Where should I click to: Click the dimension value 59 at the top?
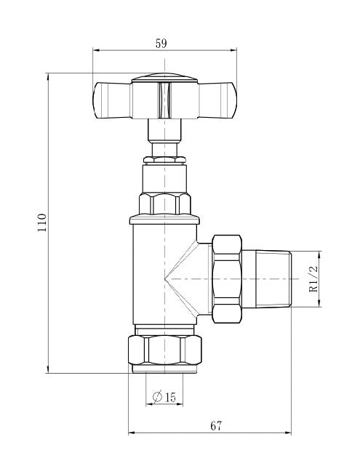[161, 43]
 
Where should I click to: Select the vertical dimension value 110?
[42, 222]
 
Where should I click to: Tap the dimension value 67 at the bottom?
[216, 425]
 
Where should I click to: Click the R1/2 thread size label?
[313, 278]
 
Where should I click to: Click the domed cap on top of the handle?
[164, 76]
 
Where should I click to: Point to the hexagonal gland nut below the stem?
[164, 204]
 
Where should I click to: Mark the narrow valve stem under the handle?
[164, 132]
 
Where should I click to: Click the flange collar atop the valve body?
[164, 219]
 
